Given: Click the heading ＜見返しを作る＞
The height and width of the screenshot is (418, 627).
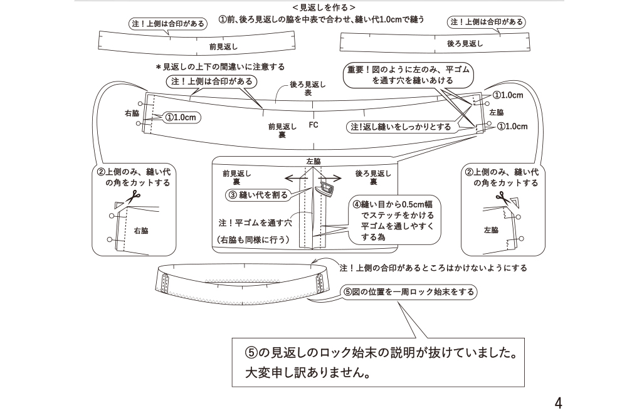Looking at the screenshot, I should (324, 7).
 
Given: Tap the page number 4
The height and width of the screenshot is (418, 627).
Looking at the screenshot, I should (558, 403).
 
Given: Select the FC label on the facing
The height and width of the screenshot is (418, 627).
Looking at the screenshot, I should (313, 125).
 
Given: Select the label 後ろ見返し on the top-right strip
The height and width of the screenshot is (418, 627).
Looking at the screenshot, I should (465, 44).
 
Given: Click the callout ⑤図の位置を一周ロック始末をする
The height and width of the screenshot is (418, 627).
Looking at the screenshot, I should (408, 292).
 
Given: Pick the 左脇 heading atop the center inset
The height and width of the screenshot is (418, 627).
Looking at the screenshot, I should (313, 161).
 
